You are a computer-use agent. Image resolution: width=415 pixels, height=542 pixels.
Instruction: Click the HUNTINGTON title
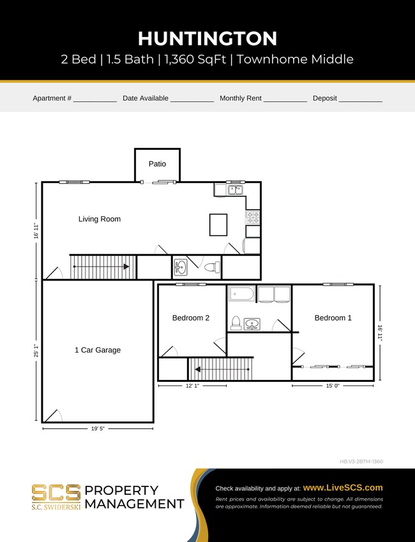pyautogui.click(x=207, y=38)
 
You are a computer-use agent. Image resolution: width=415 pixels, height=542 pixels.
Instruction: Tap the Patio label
pyautogui.click(x=157, y=164)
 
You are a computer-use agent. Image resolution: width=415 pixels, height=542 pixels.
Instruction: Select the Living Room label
pyautogui.click(x=100, y=219)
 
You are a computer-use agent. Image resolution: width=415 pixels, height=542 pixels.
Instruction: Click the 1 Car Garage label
pyautogui.click(x=98, y=349)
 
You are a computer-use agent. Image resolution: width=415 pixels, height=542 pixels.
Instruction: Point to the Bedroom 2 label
pyautogui.click(x=190, y=318)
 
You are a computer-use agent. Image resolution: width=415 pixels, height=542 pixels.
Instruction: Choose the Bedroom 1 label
pyautogui.click(x=333, y=318)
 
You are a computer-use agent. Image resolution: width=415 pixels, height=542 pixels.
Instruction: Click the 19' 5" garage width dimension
pyautogui.click(x=98, y=429)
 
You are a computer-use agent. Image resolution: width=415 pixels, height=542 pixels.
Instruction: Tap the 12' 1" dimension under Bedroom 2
pyautogui.click(x=192, y=386)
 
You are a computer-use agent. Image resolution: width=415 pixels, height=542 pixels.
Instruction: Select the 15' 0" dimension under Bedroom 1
pyautogui.click(x=333, y=386)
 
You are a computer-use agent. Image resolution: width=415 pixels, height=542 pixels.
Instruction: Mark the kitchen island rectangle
pyautogui.click(x=218, y=224)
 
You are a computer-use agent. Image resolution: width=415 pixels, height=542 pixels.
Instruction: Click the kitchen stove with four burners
pyautogui.click(x=253, y=217)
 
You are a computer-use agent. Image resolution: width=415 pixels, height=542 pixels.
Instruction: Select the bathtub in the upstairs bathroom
pyautogui.click(x=241, y=294)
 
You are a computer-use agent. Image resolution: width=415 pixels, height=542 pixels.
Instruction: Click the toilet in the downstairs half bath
pyautogui.click(x=212, y=267)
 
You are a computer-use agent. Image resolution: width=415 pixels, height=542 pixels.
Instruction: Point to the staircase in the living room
pyautogui.click(x=102, y=267)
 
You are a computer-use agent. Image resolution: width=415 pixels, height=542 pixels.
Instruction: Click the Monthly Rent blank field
pyautogui.click(x=285, y=99)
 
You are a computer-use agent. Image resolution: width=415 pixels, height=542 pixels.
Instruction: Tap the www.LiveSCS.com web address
pyautogui.click(x=343, y=487)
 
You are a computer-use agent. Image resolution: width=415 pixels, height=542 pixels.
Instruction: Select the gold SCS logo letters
pyautogui.click(x=56, y=492)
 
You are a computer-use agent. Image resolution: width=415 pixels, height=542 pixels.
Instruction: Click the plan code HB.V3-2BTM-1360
pyautogui.click(x=361, y=461)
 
